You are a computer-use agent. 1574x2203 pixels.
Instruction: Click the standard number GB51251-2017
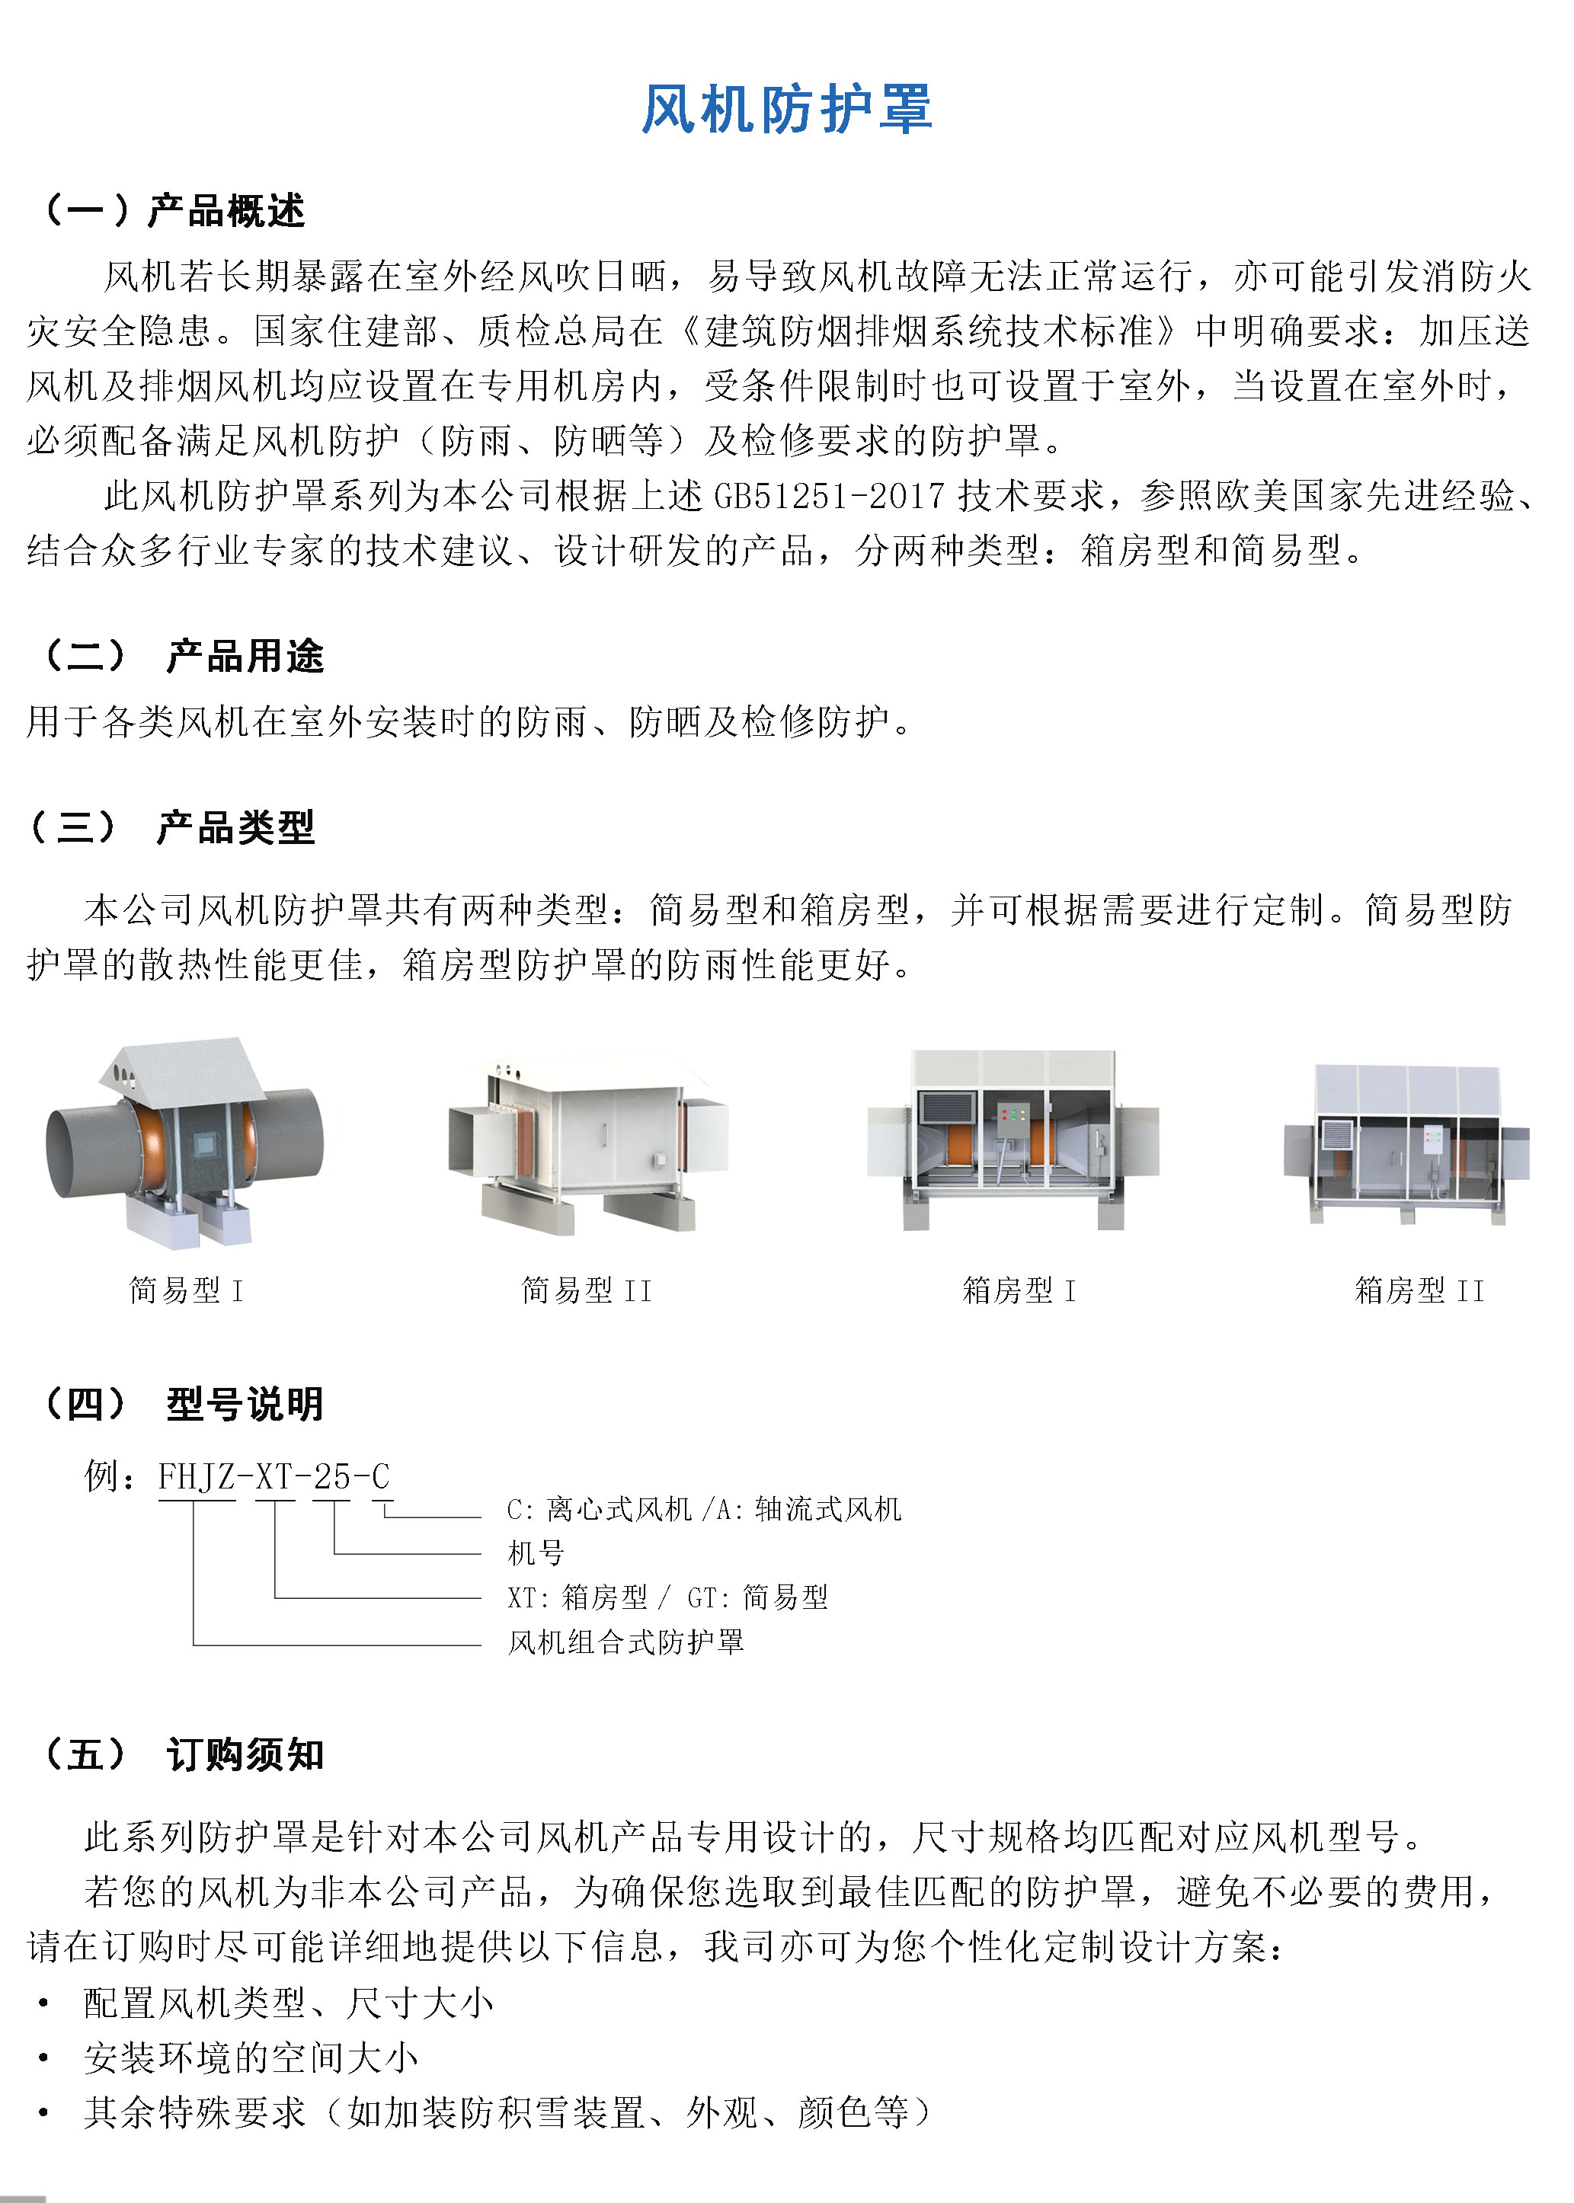[x=830, y=496]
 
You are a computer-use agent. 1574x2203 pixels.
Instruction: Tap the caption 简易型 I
[x=186, y=1290]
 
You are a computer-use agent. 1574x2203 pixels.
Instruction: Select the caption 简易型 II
[x=587, y=1290]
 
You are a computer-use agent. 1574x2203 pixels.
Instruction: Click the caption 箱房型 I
[x=1019, y=1290]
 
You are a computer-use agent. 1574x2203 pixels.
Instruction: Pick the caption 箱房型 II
[x=1419, y=1290]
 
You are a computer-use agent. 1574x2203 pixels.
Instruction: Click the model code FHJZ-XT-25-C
[x=274, y=1476]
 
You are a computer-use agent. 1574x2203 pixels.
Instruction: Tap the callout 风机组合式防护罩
[x=626, y=1642]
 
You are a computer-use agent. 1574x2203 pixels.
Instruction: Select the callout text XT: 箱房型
[x=577, y=1597]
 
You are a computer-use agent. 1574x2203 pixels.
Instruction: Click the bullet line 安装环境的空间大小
[x=251, y=2058]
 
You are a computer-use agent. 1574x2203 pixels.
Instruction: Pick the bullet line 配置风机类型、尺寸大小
[x=289, y=2003]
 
